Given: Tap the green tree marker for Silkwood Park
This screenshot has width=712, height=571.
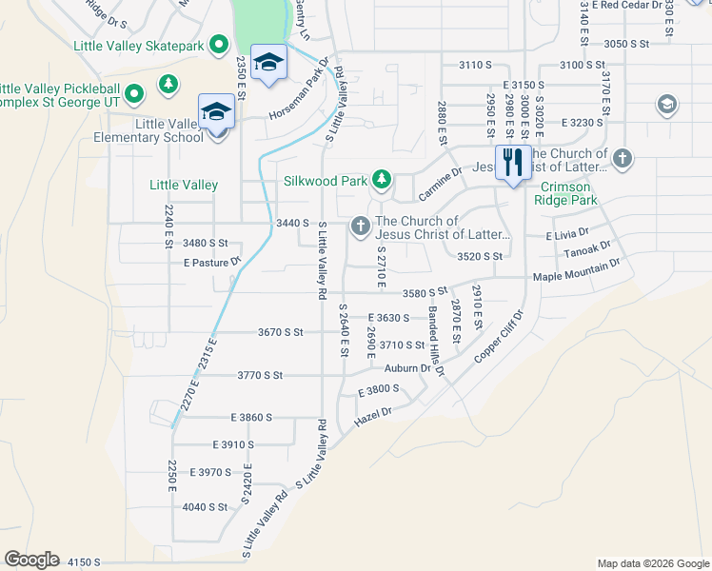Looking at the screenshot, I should pos(382,178).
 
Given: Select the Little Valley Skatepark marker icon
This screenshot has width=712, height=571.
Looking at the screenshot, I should pos(219,44).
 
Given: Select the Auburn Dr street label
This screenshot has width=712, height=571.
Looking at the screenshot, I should pos(402,368).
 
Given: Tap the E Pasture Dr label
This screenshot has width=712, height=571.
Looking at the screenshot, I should pos(212,261).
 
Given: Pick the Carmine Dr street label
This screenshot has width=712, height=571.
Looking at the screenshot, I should pos(440,186).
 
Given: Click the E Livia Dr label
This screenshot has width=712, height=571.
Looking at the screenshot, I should pos(567,232).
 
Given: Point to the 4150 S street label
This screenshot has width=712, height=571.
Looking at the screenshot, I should pos(83,562).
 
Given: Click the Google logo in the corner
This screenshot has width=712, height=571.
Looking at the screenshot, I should pos(30,560).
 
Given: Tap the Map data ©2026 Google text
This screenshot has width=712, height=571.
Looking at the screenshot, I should pos(652,563).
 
